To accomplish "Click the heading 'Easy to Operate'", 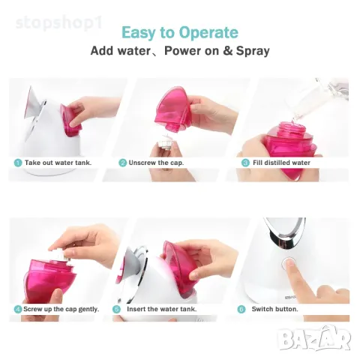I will point(180,32).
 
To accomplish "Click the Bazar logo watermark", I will point(314,339).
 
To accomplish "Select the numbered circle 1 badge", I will point(17,163).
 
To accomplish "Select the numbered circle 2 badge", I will point(122,163).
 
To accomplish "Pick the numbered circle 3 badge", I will point(244,163).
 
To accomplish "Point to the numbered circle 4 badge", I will point(17,309).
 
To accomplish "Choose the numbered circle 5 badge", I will point(117,309).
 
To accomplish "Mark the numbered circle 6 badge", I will point(241,309).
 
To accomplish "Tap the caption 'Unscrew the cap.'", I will point(157,163).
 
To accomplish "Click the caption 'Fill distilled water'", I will point(281,163).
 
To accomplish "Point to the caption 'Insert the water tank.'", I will point(159,309).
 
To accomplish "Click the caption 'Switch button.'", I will point(275,309).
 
